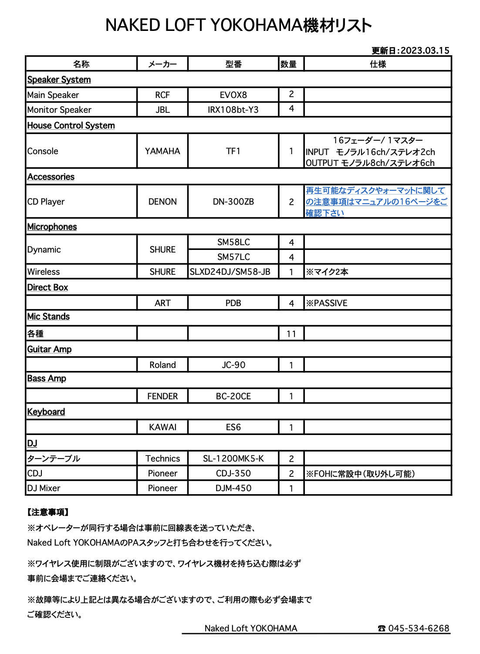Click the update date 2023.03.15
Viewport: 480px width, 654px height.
coord(425,51)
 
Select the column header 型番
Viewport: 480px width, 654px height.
coord(233,64)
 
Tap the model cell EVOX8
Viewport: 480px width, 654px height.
coord(233,95)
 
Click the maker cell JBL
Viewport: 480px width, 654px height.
coord(162,110)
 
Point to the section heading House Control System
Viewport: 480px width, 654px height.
coord(71,125)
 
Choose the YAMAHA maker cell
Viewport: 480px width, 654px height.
coord(162,151)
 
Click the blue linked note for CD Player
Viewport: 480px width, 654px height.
coord(376,202)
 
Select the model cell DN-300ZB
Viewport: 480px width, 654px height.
coord(233,202)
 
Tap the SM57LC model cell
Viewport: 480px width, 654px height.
coord(233,257)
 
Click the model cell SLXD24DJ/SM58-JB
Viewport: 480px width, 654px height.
coord(230,272)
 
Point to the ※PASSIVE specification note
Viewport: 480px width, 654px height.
coord(327,303)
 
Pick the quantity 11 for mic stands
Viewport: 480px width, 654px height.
coord(291,334)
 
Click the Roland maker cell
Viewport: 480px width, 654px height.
coord(162,365)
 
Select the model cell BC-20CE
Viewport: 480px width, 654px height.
coord(233,396)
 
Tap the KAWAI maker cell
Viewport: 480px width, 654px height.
coord(162,427)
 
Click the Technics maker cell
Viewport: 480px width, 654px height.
coord(162,458)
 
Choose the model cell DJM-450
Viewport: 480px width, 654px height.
coord(233,488)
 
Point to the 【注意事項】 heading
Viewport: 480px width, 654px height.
coord(48,512)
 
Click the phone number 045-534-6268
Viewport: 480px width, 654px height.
coord(418,628)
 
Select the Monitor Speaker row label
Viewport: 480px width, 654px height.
coord(59,110)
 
